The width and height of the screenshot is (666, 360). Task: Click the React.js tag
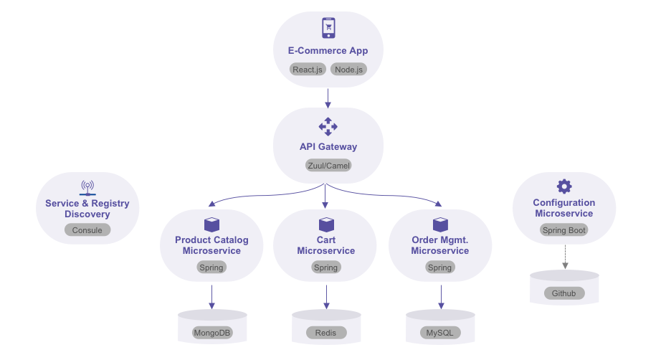[x=308, y=70]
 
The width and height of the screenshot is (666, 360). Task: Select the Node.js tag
[x=348, y=70]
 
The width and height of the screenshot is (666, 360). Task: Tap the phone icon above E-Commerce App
[x=328, y=28]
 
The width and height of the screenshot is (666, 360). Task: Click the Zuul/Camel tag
[x=328, y=165]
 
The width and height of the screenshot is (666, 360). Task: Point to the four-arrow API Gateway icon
[x=328, y=126]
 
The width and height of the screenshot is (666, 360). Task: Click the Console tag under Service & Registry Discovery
[x=87, y=230]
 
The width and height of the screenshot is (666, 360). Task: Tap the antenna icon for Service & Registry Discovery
[x=87, y=188]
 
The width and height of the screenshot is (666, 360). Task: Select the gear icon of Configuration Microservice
[x=564, y=186]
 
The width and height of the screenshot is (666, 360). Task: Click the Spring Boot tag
[x=564, y=230]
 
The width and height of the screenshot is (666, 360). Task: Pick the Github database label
[x=564, y=293]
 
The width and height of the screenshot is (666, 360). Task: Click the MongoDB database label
[x=212, y=333]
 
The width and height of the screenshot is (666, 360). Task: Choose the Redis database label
[x=326, y=333]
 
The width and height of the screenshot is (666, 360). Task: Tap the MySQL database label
[x=440, y=333]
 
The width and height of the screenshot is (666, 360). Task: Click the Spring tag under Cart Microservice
[x=326, y=267]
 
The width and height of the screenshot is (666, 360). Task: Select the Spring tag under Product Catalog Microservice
[x=212, y=267]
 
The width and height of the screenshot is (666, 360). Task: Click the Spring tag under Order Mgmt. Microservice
[x=440, y=267]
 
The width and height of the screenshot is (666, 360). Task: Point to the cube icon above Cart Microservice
[x=326, y=224]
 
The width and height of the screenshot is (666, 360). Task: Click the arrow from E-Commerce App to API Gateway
[x=328, y=97]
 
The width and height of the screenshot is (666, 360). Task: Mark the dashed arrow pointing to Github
[x=564, y=256]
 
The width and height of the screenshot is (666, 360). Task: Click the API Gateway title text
[x=328, y=147]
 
